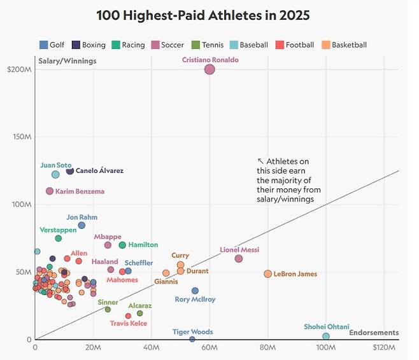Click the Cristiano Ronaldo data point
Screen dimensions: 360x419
209,69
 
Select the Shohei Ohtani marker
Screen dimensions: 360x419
326,336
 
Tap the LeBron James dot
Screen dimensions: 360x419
267,274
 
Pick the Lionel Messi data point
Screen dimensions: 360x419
239,259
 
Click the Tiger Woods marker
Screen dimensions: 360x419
192,339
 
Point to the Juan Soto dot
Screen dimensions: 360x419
55,174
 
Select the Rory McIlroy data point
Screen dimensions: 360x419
195,291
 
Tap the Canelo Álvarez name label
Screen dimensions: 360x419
99,171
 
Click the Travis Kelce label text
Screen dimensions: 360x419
129,323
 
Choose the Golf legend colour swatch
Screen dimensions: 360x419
43,45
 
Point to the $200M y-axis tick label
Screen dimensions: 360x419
19,69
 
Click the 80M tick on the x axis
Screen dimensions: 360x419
267,348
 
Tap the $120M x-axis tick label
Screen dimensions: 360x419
385,348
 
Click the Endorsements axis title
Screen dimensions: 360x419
374,333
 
